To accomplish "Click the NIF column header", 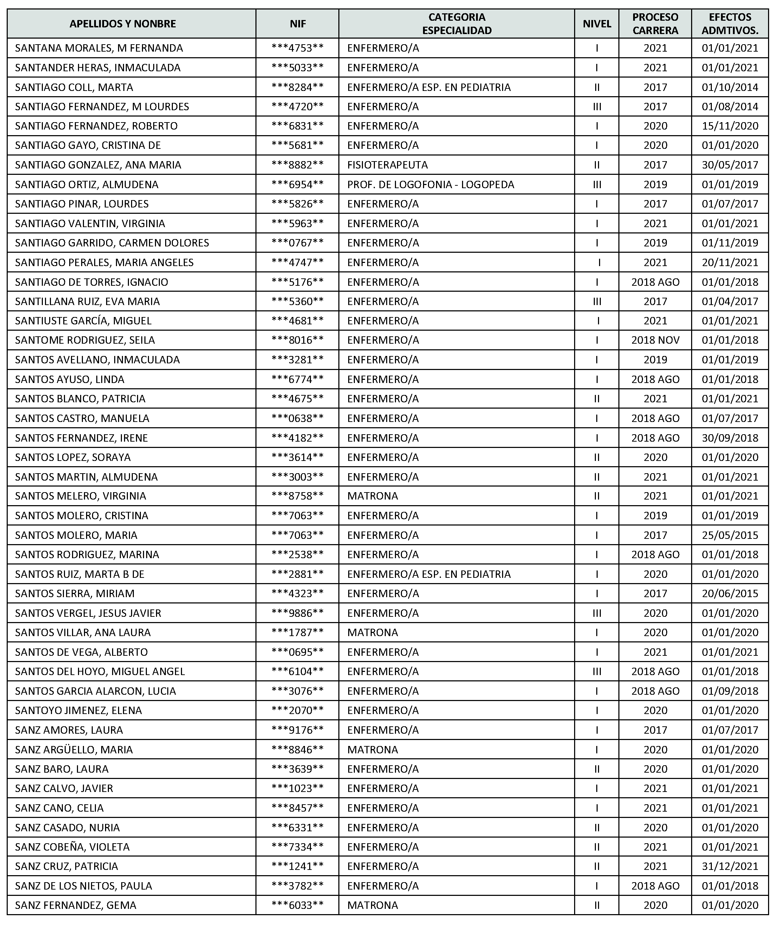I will click(298, 24).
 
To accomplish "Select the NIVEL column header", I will click(597, 24).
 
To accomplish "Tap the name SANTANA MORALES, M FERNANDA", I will click(99, 48).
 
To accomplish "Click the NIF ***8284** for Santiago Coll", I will click(298, 87).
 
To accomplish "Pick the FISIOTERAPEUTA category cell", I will click(388, 165).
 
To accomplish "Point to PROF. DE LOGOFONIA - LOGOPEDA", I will click(430, 184).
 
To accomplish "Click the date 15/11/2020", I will click(730, 126).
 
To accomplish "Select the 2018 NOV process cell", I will click(655, 341).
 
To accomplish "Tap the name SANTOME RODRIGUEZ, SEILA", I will click(85, 341).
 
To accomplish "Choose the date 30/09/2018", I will click(730, 438).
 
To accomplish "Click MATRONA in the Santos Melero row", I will click(372, 496).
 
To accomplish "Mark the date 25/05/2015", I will click(730, 535).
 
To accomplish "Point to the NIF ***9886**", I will click(298, 613).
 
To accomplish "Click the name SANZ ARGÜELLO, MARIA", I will click(74, 749).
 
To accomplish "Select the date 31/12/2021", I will click(730, 866).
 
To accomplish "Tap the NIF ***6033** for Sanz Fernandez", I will click(298, 905).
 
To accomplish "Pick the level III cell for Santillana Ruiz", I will click(597, 302).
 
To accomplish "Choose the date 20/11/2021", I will click(730, 262).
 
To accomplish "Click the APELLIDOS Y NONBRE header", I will click(123, 24).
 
